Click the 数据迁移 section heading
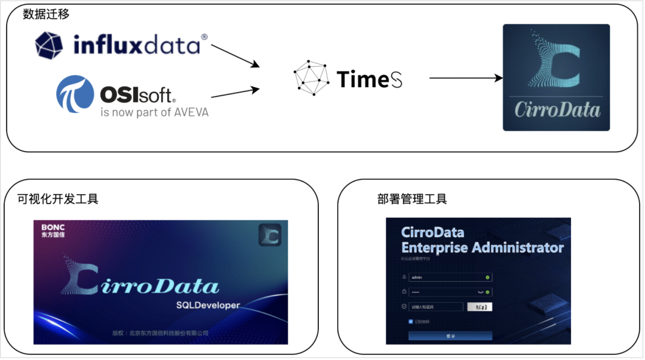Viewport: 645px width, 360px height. point(46,14)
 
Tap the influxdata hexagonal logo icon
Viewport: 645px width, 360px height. point(49,45)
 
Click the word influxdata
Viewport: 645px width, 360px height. point(137,45)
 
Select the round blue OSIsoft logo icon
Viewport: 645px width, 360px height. point(75,94)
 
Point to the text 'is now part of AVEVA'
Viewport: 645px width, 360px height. point(155,112)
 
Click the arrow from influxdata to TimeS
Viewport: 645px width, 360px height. point(235,56)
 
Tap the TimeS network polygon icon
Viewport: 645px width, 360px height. point(311,78)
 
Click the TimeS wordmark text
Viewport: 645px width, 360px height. point(370,79)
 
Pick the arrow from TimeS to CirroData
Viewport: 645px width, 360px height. point(465,78)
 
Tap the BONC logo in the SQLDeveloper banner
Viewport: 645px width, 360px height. point(53,230)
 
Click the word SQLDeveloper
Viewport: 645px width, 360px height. point(208,305)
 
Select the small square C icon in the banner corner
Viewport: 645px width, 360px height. point(269,235)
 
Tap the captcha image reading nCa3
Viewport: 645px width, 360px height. point(480,307)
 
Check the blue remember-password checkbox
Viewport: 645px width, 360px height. point(411,321)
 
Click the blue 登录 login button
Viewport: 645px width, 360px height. point(450,336)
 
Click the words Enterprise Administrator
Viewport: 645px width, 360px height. point(483,248)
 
